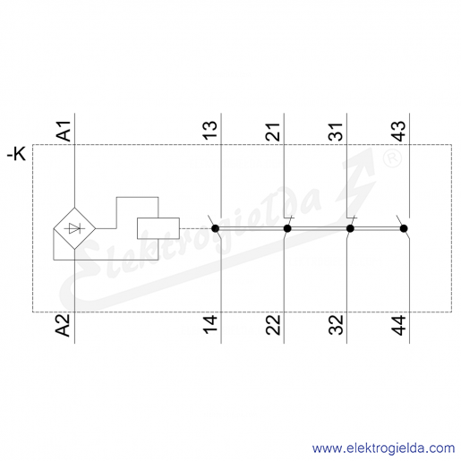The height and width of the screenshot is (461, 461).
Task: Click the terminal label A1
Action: coord(64,131)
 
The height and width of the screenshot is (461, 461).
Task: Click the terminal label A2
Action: coord(64,325)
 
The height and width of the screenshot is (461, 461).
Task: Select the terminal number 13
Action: coord(210,131)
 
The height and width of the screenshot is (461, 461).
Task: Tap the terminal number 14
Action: coord(210,324)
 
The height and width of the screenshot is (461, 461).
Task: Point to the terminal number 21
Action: coord(273,132)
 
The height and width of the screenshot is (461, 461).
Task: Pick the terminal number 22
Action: coord(273,325)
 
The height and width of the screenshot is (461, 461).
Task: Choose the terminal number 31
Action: coord(336,132)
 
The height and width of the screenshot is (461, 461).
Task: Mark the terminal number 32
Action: coord(336,325)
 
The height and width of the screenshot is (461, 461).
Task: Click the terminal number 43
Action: coord(398,131)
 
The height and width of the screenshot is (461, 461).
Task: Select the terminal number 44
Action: coord(398,325)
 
